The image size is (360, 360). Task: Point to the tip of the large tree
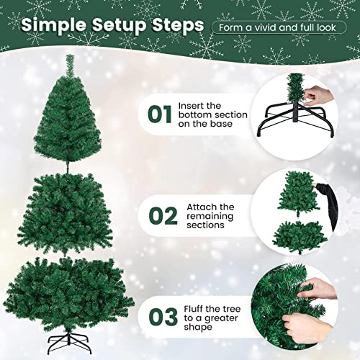pyautogui.click(x=71, y=58)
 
